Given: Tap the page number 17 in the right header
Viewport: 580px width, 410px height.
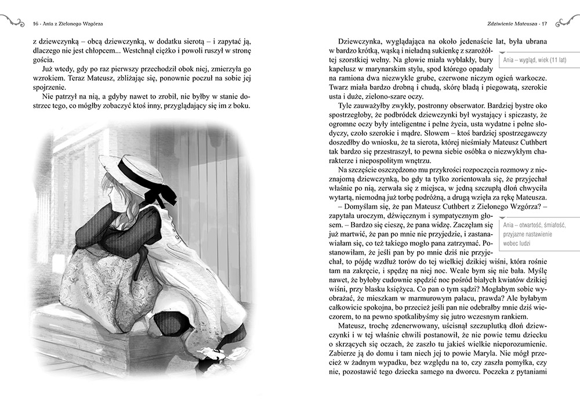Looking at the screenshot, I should [x=544, y=24].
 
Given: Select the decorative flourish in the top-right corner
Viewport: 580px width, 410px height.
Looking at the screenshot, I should [x=567, y=22].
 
